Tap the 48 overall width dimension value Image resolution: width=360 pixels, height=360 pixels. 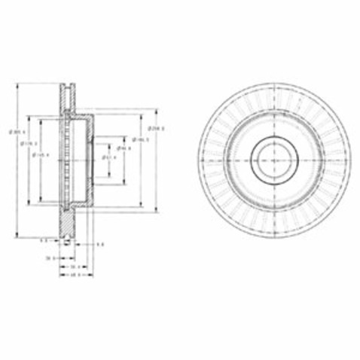click(75, 275)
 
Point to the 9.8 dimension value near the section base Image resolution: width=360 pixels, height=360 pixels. click(100, 245)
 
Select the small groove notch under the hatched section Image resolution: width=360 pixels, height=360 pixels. click(68, 239)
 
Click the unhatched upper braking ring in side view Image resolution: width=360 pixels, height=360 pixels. click(68, 96)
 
